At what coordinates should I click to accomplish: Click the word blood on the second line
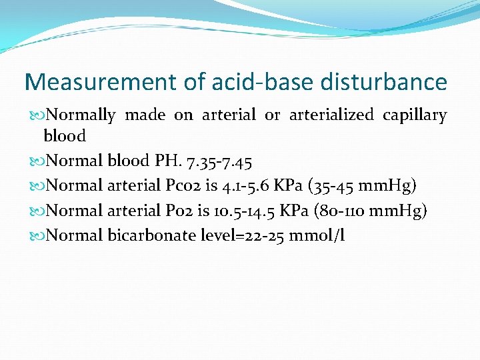pos(65,136)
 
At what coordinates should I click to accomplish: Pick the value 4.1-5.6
pos(254,185)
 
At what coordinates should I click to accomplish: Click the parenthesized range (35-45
pos(345,185)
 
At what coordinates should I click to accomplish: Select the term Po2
pos(179,210)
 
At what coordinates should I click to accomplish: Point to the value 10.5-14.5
pos(257,210)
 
